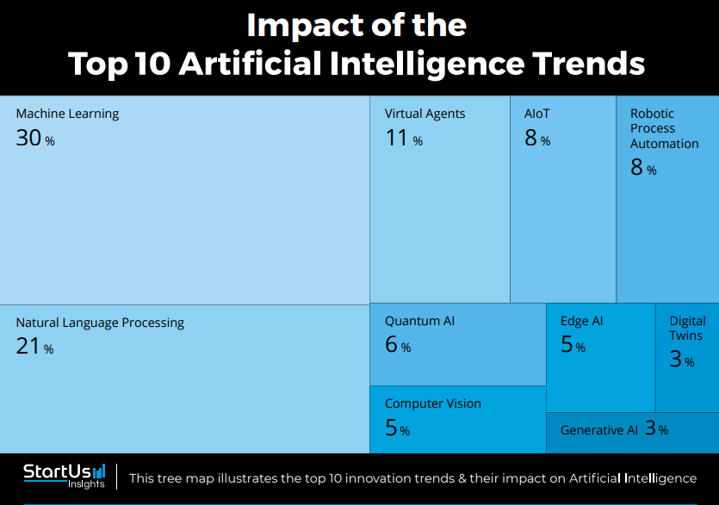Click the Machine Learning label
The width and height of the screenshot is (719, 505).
coord(67,114)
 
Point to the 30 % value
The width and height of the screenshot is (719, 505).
coord(34,138)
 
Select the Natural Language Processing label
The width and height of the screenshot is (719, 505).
coord(100,323)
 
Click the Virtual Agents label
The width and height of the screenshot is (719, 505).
coord(425,114)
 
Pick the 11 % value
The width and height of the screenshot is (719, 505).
coord(403,138)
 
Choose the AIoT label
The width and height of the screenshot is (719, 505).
coord(537,114)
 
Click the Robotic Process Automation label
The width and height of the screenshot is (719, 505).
coord(664,128)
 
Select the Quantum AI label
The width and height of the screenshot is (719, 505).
coord(419,321)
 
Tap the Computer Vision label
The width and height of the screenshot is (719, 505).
coord(433,403)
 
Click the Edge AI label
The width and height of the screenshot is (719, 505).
coord(582,321)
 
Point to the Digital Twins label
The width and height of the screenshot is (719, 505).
coord(687,328)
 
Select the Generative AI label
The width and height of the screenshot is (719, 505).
coord(599,430)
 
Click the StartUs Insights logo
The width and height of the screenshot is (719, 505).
coord(65,475)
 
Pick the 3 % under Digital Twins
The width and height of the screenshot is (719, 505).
coord(681,360)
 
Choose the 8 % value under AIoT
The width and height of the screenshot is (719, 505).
coord(537,138)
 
